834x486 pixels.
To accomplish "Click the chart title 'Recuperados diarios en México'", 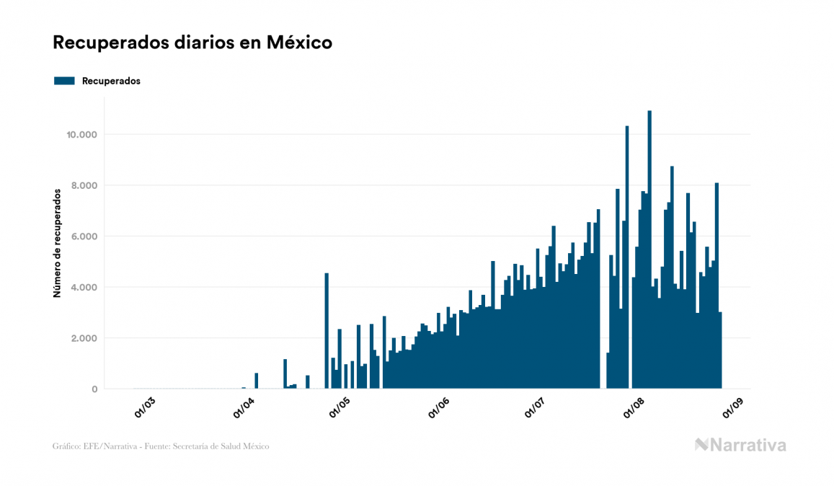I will [192, 43].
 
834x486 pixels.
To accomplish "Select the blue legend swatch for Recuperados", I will [64, 81].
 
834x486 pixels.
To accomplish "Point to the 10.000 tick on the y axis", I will [81, 135].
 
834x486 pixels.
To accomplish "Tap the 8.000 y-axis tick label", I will [84, 185].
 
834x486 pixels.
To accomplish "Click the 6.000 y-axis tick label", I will [84, 237].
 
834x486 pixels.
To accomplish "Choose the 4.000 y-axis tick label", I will [84, 288].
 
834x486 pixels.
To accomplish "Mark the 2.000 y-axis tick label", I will [84, 338].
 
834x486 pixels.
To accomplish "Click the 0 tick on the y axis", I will [94, 389].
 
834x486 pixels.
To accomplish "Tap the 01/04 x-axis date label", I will [244, 407].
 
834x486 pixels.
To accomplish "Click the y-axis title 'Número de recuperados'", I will [56, 243].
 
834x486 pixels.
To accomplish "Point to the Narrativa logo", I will [740, 445].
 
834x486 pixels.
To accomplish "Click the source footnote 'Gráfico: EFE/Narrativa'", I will [161, 446].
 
